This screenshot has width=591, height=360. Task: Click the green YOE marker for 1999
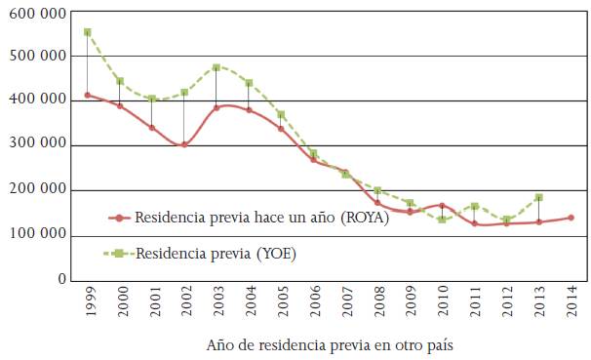[88, 32]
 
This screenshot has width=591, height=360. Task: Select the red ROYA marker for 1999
[88, 95]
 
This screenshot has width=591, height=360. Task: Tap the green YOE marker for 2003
[217, 67]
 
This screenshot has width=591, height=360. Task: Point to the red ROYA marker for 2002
[184, 144]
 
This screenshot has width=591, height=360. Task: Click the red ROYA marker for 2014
[571, 218]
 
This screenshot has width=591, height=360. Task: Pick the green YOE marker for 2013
[538, 197]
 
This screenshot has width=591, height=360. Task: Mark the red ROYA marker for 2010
[442, 206]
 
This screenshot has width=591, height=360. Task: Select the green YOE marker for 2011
[474, 207]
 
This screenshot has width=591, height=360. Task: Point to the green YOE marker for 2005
[281, 114]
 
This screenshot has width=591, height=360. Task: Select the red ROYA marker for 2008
[377, 203]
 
